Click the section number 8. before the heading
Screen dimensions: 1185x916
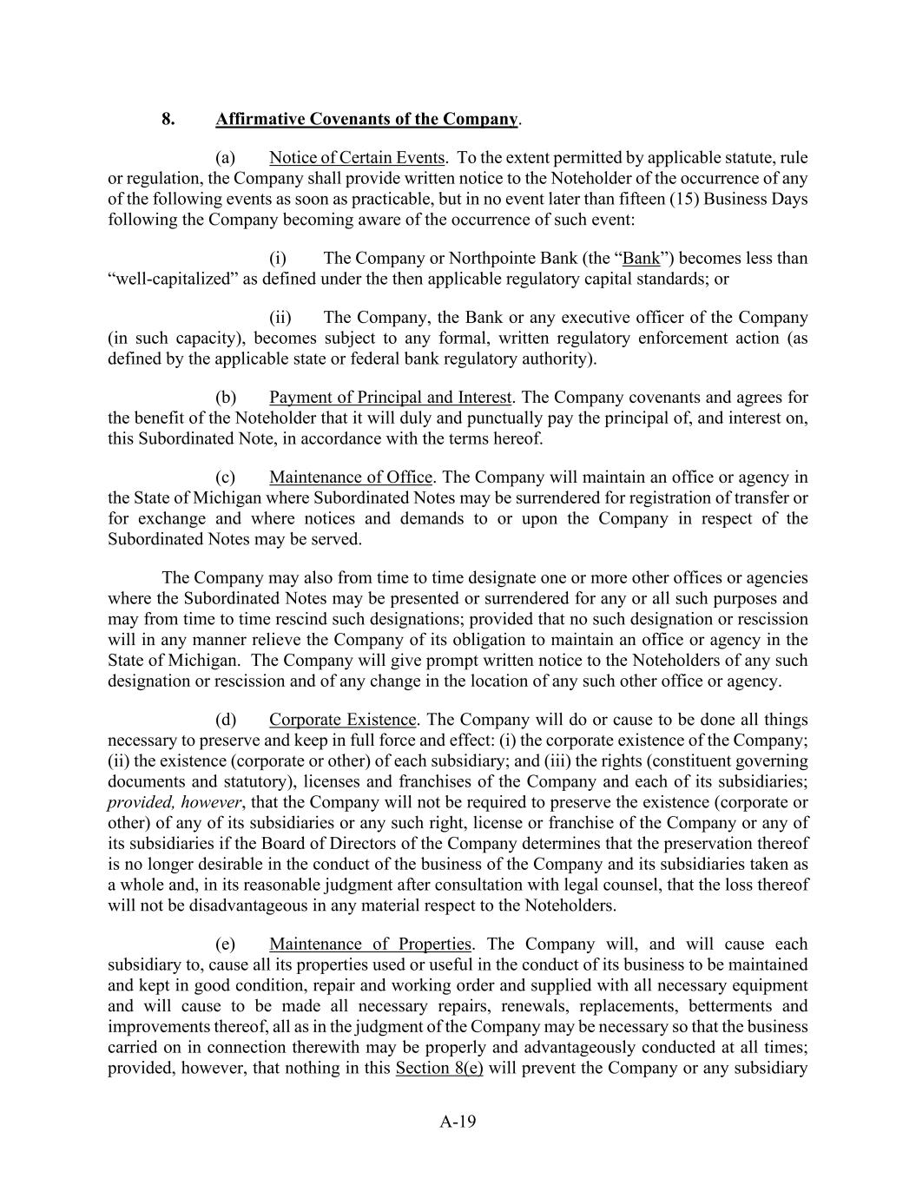click(168, 119)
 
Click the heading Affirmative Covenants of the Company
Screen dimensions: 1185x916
click(366, 119)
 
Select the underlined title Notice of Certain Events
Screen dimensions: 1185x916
click(357, 158)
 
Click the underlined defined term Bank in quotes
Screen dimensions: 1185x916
click(642, 259)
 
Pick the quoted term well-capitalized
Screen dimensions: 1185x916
click(173, 280)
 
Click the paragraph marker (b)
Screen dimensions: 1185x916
click(226, 398)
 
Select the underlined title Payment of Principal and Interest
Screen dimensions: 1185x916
click(390, 398)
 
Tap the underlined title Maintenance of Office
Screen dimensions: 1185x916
click(350, 477)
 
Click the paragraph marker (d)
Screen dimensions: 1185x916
click(226, 720)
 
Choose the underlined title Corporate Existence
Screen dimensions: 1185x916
click(342, 720)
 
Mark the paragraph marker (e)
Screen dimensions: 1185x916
click(226, 945)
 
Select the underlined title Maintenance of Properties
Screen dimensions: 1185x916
click(370, 945)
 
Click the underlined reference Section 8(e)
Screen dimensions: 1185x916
click(438, 1069)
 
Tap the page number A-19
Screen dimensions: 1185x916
click(458, 1122)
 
